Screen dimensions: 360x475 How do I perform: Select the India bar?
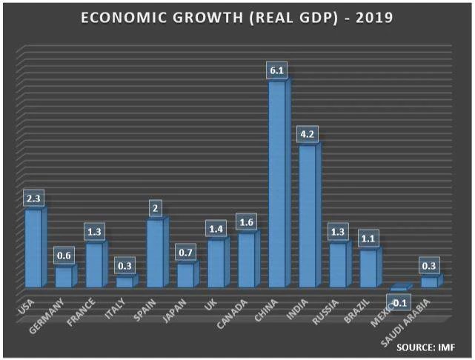(308, 216)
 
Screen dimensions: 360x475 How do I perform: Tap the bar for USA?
(34, 248)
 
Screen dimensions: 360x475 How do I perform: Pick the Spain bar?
(156, 253)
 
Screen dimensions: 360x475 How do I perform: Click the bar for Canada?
(248, 259)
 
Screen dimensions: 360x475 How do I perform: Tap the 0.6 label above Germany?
(65, 256)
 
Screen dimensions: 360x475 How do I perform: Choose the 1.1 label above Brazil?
(368, 239)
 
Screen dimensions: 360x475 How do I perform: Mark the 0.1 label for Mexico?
(401, 302)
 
